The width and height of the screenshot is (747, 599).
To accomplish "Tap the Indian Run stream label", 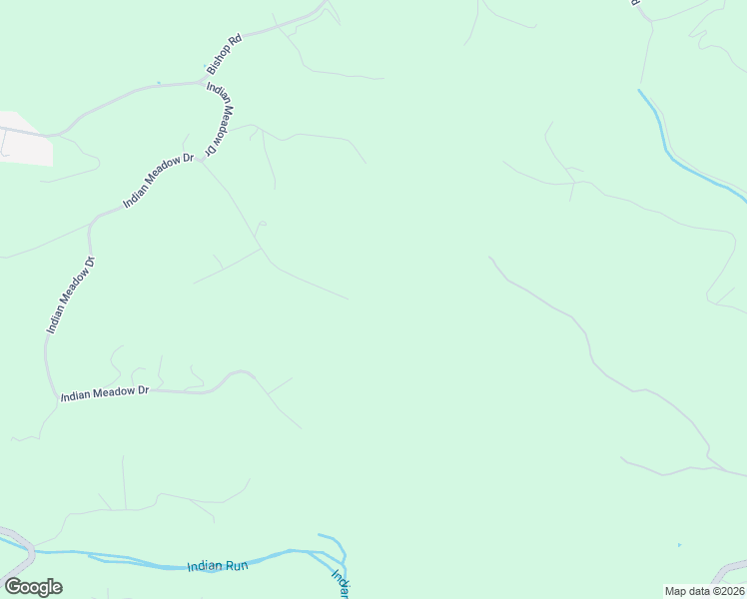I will point(217,566).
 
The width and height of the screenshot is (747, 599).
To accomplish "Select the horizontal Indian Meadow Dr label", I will point(104,394).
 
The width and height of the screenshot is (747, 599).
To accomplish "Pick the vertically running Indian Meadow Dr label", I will point(70,296).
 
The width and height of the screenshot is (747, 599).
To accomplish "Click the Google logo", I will point(33,587).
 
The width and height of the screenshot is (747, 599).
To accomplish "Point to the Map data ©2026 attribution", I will point(704,591).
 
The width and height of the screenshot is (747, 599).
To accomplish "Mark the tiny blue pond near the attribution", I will point(679,545).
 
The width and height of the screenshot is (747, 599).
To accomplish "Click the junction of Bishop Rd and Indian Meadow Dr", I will point(207,80).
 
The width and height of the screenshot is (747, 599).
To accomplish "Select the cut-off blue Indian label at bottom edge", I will point(341,584).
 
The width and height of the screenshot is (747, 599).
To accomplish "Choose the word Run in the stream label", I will point(236,566).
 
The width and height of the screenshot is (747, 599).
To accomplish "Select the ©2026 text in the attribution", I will point(725,591).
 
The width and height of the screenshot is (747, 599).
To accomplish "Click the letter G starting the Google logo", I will point(13,587).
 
